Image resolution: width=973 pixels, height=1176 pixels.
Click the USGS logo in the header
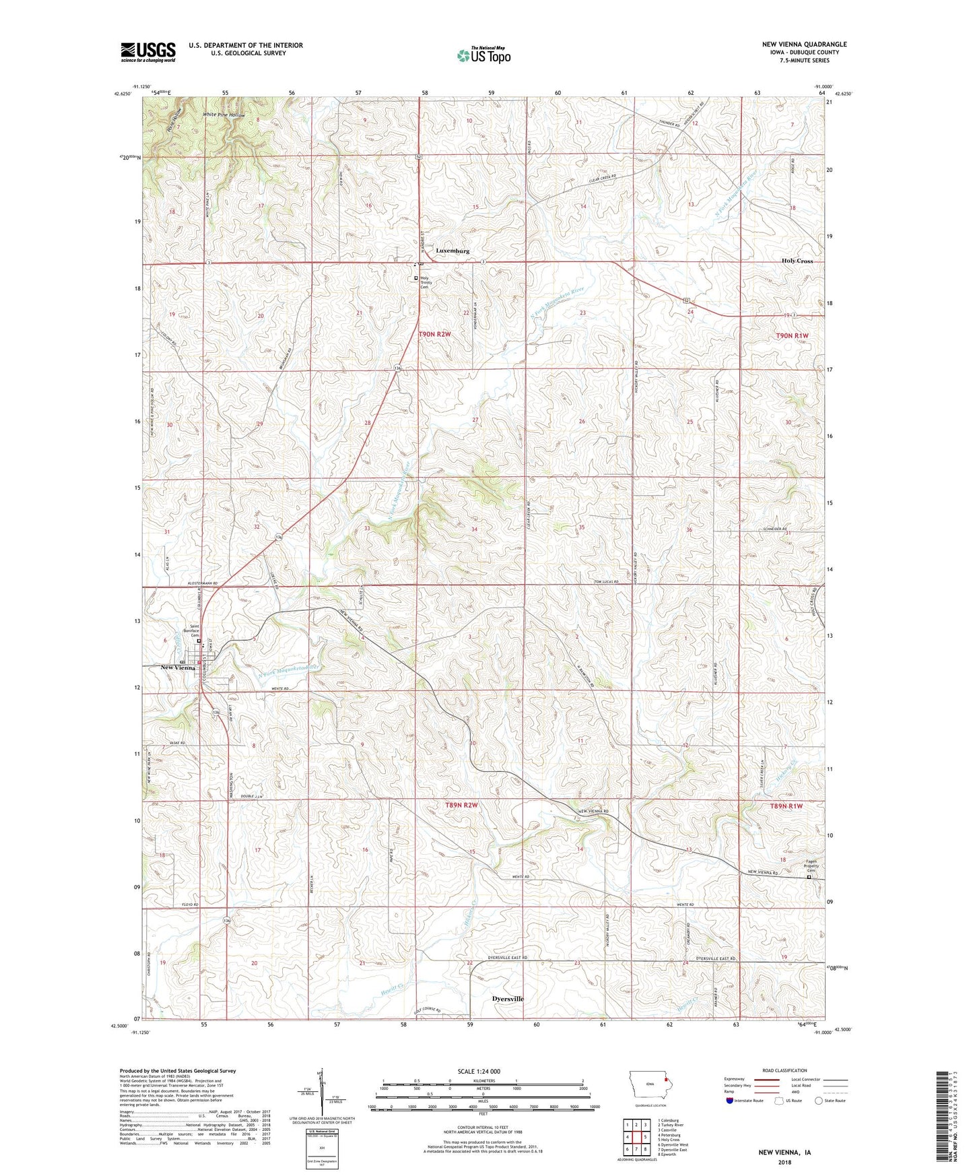tap(148, 52)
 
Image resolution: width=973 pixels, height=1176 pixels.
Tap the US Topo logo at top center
tap(483, 55)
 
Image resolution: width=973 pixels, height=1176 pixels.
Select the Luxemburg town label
tap(452, 251)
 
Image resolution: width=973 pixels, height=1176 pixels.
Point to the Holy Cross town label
tap(797, 261)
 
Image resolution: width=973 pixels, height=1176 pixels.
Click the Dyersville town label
tap(508, 998)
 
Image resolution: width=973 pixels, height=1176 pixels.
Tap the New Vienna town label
tap(177, 667)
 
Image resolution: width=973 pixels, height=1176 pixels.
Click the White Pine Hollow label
tap(224, 115)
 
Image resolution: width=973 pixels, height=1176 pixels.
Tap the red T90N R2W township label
tap(434, 333)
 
